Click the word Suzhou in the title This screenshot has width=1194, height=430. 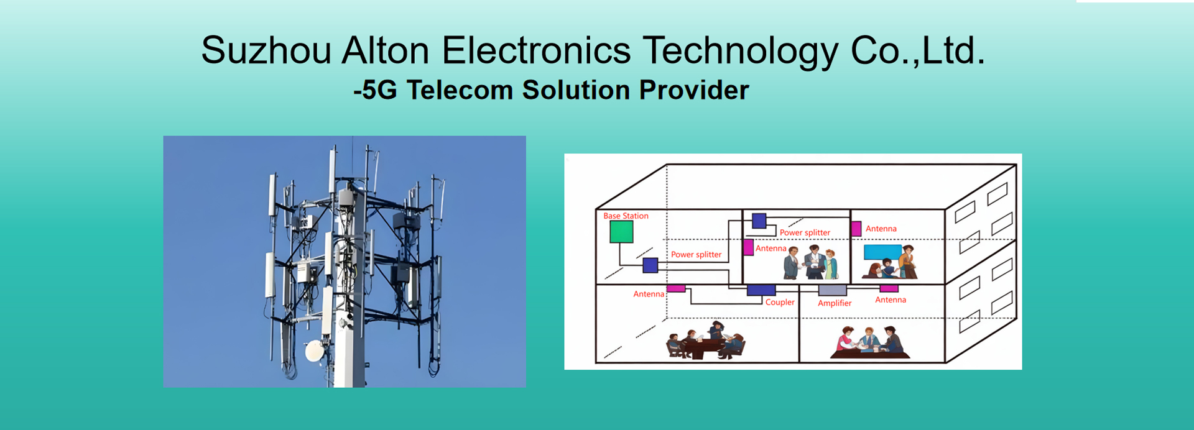266,50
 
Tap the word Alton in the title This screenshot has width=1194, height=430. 386,50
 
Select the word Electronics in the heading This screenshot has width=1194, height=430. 536,50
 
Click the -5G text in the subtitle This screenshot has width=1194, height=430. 375,90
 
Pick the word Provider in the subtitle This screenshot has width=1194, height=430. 694,90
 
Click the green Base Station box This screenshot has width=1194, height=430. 621,232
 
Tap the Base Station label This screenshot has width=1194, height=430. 626,216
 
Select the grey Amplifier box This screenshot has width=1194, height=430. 833,290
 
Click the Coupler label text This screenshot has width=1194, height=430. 780,302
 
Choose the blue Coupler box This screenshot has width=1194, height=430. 761,290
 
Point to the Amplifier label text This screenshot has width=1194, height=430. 835,303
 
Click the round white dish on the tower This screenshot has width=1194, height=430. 315,351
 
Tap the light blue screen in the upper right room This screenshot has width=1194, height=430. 882,252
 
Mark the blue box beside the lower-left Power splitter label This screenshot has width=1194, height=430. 650,265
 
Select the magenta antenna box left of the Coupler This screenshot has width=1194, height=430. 676,288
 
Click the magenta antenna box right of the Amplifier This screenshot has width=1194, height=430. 889,288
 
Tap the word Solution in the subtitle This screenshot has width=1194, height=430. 576,90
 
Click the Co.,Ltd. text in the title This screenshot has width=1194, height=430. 918,50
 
